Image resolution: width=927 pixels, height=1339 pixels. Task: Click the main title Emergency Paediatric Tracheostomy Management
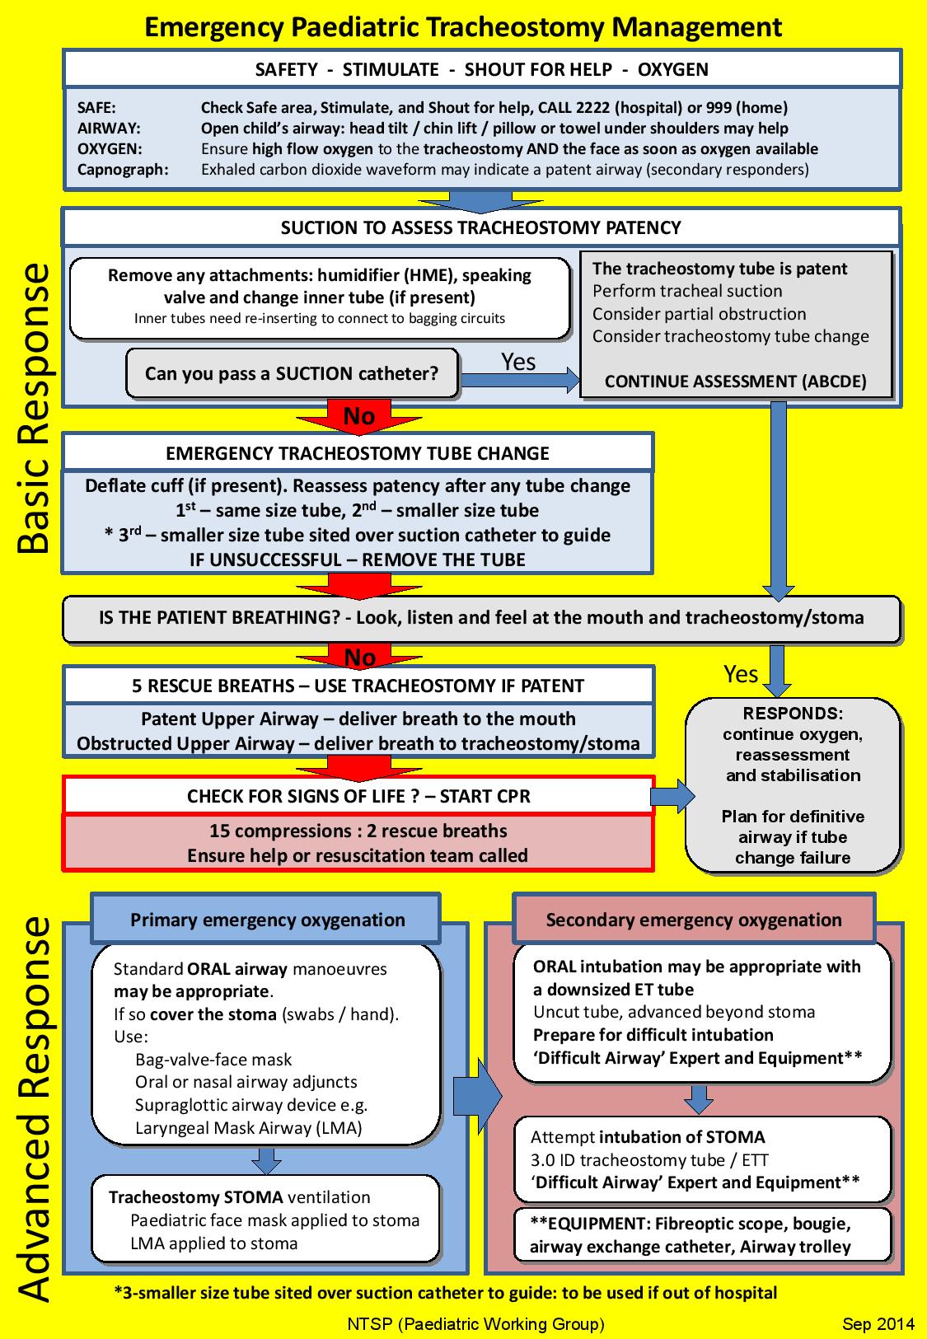[x=463, y=27]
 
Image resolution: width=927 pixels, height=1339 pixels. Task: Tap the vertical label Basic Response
[x=34, y=407]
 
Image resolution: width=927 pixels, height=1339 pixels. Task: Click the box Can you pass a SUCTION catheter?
[x=292, y=373]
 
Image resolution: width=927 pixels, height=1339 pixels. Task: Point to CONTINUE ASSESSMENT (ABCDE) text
[x=735, y=382]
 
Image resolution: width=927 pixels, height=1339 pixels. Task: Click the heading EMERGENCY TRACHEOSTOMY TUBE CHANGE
[x=358, y=453]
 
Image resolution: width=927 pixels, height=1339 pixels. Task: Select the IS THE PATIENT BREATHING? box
[x=481, y=618]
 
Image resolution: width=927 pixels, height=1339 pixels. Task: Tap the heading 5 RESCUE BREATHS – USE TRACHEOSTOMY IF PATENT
[x=358, y=686]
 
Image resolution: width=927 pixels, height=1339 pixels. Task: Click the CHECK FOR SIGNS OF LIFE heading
[x=358, y=796]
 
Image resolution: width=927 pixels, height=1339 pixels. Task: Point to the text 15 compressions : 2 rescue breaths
[x=358, y=831]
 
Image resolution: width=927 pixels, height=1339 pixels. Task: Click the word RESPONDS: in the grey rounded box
[x=793, y=714]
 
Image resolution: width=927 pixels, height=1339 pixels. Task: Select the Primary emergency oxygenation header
[x=267, y=920]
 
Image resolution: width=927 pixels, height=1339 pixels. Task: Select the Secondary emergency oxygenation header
[x=694, y=920]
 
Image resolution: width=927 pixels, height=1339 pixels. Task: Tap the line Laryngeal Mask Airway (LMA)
[x=248, y=1128]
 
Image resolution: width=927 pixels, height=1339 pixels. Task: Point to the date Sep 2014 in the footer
[x=878, y=1324]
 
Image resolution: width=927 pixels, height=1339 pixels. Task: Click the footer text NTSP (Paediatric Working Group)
[x=475, y=1324]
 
